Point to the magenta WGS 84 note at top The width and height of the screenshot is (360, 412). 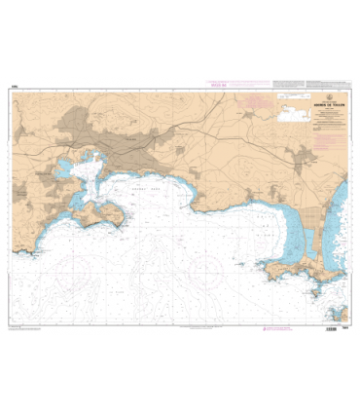218,85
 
